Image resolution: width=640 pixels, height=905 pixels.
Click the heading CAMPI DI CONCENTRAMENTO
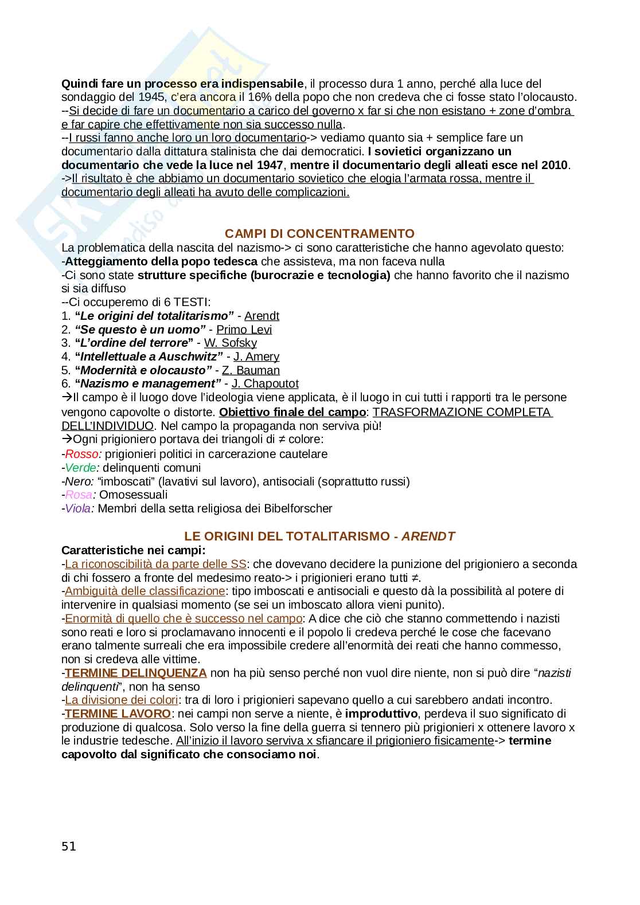(x=319, y=234)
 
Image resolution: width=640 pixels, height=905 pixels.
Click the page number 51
(x=68, y=847)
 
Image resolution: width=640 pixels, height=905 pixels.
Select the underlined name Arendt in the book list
(x=262, y=316)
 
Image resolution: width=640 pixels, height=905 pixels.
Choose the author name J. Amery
(x=256, y=356)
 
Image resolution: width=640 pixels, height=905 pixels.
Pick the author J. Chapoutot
(x=265, y=384)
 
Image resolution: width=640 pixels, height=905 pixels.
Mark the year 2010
(x=554, y=166)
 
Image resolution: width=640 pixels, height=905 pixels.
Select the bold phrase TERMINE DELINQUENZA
(x=135, y=673)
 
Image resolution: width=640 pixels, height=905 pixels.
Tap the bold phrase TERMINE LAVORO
(x=118, y=714)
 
